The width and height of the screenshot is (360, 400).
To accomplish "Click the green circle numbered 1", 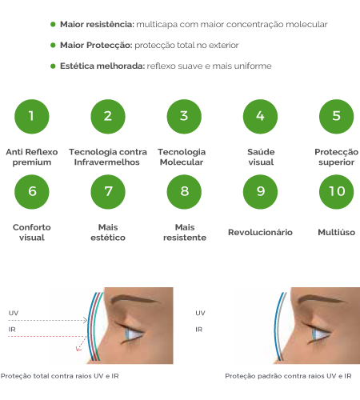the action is tap(32, 117).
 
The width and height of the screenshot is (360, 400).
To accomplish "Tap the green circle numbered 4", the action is tap(260, 117).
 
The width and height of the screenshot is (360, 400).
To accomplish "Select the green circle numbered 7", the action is tap(108, 192).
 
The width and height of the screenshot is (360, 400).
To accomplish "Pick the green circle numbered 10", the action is tap(337, 192).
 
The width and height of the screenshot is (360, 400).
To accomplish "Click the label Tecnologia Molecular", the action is tap(182, 157).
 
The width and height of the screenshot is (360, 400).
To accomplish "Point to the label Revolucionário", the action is tap(260, 232).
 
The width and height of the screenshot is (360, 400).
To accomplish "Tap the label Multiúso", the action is tap(337, 232).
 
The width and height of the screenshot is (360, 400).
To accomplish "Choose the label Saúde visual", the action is tap(261, 157).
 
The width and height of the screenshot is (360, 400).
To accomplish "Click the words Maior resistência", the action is tap(97, 24).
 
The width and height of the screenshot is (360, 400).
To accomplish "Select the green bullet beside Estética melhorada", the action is tap(53, 66).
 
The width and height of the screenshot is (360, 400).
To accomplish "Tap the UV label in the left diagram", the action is tap(14, 313).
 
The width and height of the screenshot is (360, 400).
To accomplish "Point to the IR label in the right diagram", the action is tap(199, 330).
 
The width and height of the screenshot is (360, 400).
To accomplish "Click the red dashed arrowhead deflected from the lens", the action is tap(78, 349).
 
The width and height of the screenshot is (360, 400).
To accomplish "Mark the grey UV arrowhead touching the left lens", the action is tap(86, 320).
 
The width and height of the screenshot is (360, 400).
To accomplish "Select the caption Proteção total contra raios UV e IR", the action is tap(60, 376).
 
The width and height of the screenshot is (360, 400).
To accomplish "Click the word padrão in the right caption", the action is tap(268, 376).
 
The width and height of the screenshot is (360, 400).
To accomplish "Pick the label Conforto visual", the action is tap(32, 232).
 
